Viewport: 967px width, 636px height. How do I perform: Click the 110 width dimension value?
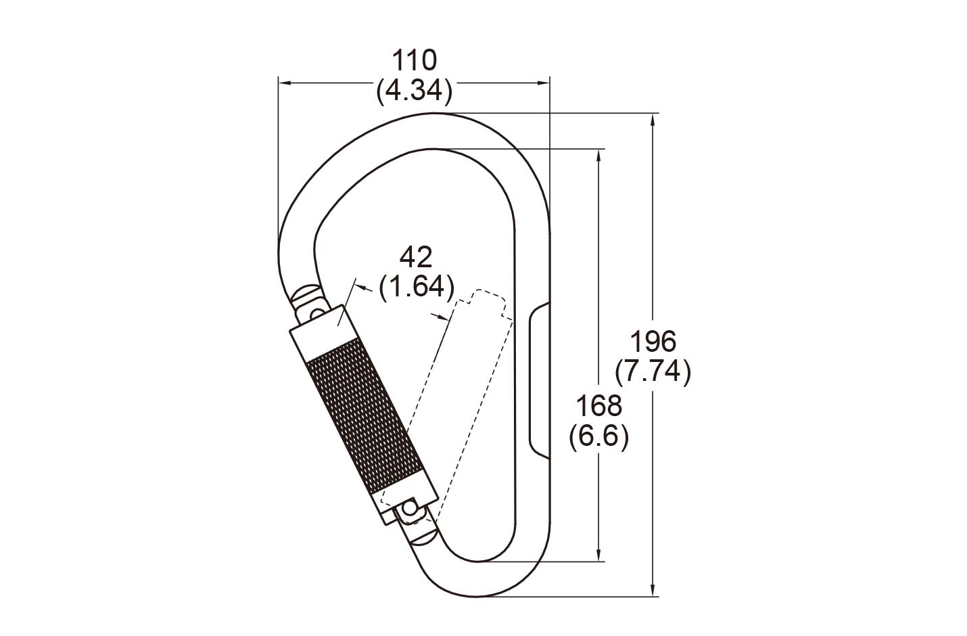click(x=414, y=61)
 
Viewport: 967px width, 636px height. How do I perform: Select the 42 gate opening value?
click(x=416, y=258)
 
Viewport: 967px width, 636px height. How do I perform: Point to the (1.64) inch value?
click(x=417, y=287)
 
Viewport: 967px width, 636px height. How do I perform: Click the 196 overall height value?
click(x=653, y=342)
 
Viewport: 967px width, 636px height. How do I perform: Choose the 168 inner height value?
click(x=599, y=407)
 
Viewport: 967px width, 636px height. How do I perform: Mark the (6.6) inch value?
click(x=599, y=437)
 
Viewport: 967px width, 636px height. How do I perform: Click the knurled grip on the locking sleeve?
click(x=362, y=415)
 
